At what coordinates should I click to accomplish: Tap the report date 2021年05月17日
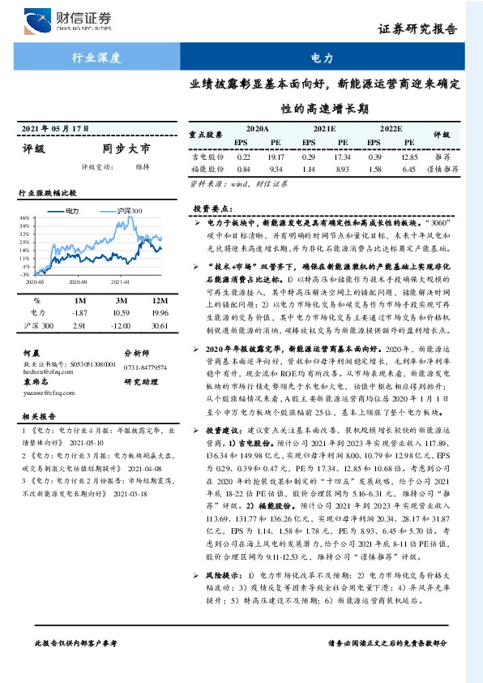53,128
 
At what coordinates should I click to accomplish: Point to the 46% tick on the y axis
24,218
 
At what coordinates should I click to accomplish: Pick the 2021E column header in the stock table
324,129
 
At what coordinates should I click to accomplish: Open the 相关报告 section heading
37,413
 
